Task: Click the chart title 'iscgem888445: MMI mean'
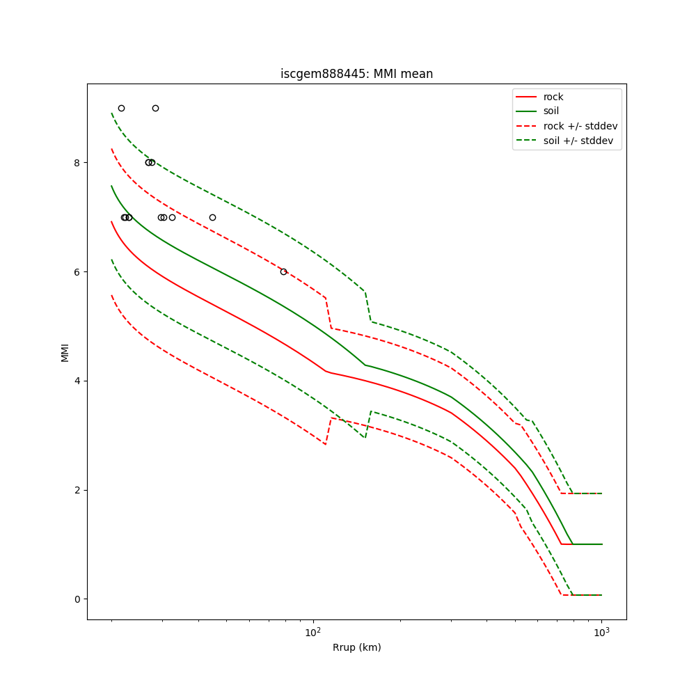click(356, 74)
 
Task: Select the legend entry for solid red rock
click(553, 97)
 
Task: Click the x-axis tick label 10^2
click(313, 632)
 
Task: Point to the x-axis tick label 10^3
click(601, 632)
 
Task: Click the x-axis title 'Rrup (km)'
click(356, 647)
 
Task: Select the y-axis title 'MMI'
click(65, 351)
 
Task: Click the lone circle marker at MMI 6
click(283, 271)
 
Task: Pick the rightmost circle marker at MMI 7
click(212, 217)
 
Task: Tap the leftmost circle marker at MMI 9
click(121, 108)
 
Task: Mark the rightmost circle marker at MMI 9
click(155, 108)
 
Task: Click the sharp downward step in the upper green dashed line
click(368, 306)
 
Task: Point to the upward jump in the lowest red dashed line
click(329, 431)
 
